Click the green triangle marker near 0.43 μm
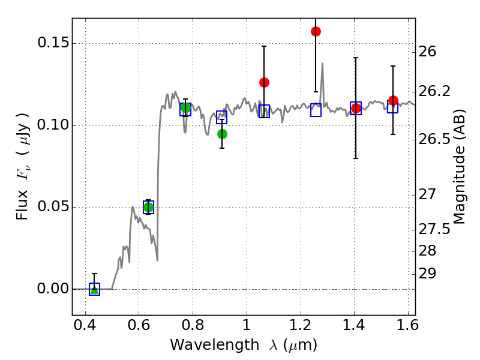click(x=94, y=289)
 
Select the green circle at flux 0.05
click(x=149, y=207)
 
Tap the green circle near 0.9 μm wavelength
click(x=222, y=134)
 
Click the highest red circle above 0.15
click(x=316, y=31)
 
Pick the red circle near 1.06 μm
click(x=264, y=82)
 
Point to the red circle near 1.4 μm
click(x=356, y=109)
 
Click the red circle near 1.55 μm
click(x=393, y=100)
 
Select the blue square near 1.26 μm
click(x=316, y=110)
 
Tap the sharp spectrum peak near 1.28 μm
click(x=322, y=64)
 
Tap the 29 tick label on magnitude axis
click(x=430, y=274)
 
